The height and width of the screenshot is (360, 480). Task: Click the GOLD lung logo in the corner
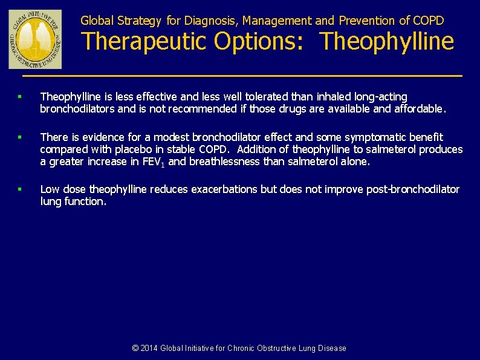[x=27, y=39]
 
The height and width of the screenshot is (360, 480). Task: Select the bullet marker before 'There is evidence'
[x=20, y=137]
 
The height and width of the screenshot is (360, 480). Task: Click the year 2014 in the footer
[x=149, y=348]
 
